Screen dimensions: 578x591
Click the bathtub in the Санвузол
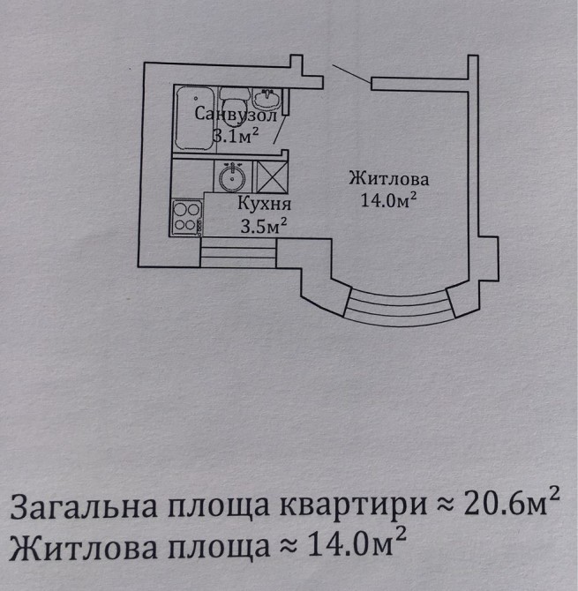click(x=195, y=118)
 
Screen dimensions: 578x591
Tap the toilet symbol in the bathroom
click(x=234, y=107)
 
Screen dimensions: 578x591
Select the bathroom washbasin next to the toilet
click(x=266, y=99)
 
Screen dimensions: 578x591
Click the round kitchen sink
click(x=233, y=177)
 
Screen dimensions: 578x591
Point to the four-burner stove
click(x=186, y=218)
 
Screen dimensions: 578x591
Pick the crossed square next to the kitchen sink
click(x=272, y=177)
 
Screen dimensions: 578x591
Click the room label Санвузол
click(x=236, y=114)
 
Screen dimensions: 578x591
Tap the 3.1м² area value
click(x=236, y=136)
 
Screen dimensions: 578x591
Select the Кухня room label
click(x=265, y=204)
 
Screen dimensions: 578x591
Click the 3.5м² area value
click(x=264, y=226)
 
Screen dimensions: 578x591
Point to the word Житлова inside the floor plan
click(x=389, y=178)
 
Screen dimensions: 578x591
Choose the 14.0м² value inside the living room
click(x=389, y=199)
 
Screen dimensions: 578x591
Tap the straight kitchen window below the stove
click(x=238, y=253)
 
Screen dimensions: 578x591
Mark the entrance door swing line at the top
click(x=351, y=74)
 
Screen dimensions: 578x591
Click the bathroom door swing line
click(x=280, y=130)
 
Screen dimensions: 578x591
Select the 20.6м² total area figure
click(x=511, y=504)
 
